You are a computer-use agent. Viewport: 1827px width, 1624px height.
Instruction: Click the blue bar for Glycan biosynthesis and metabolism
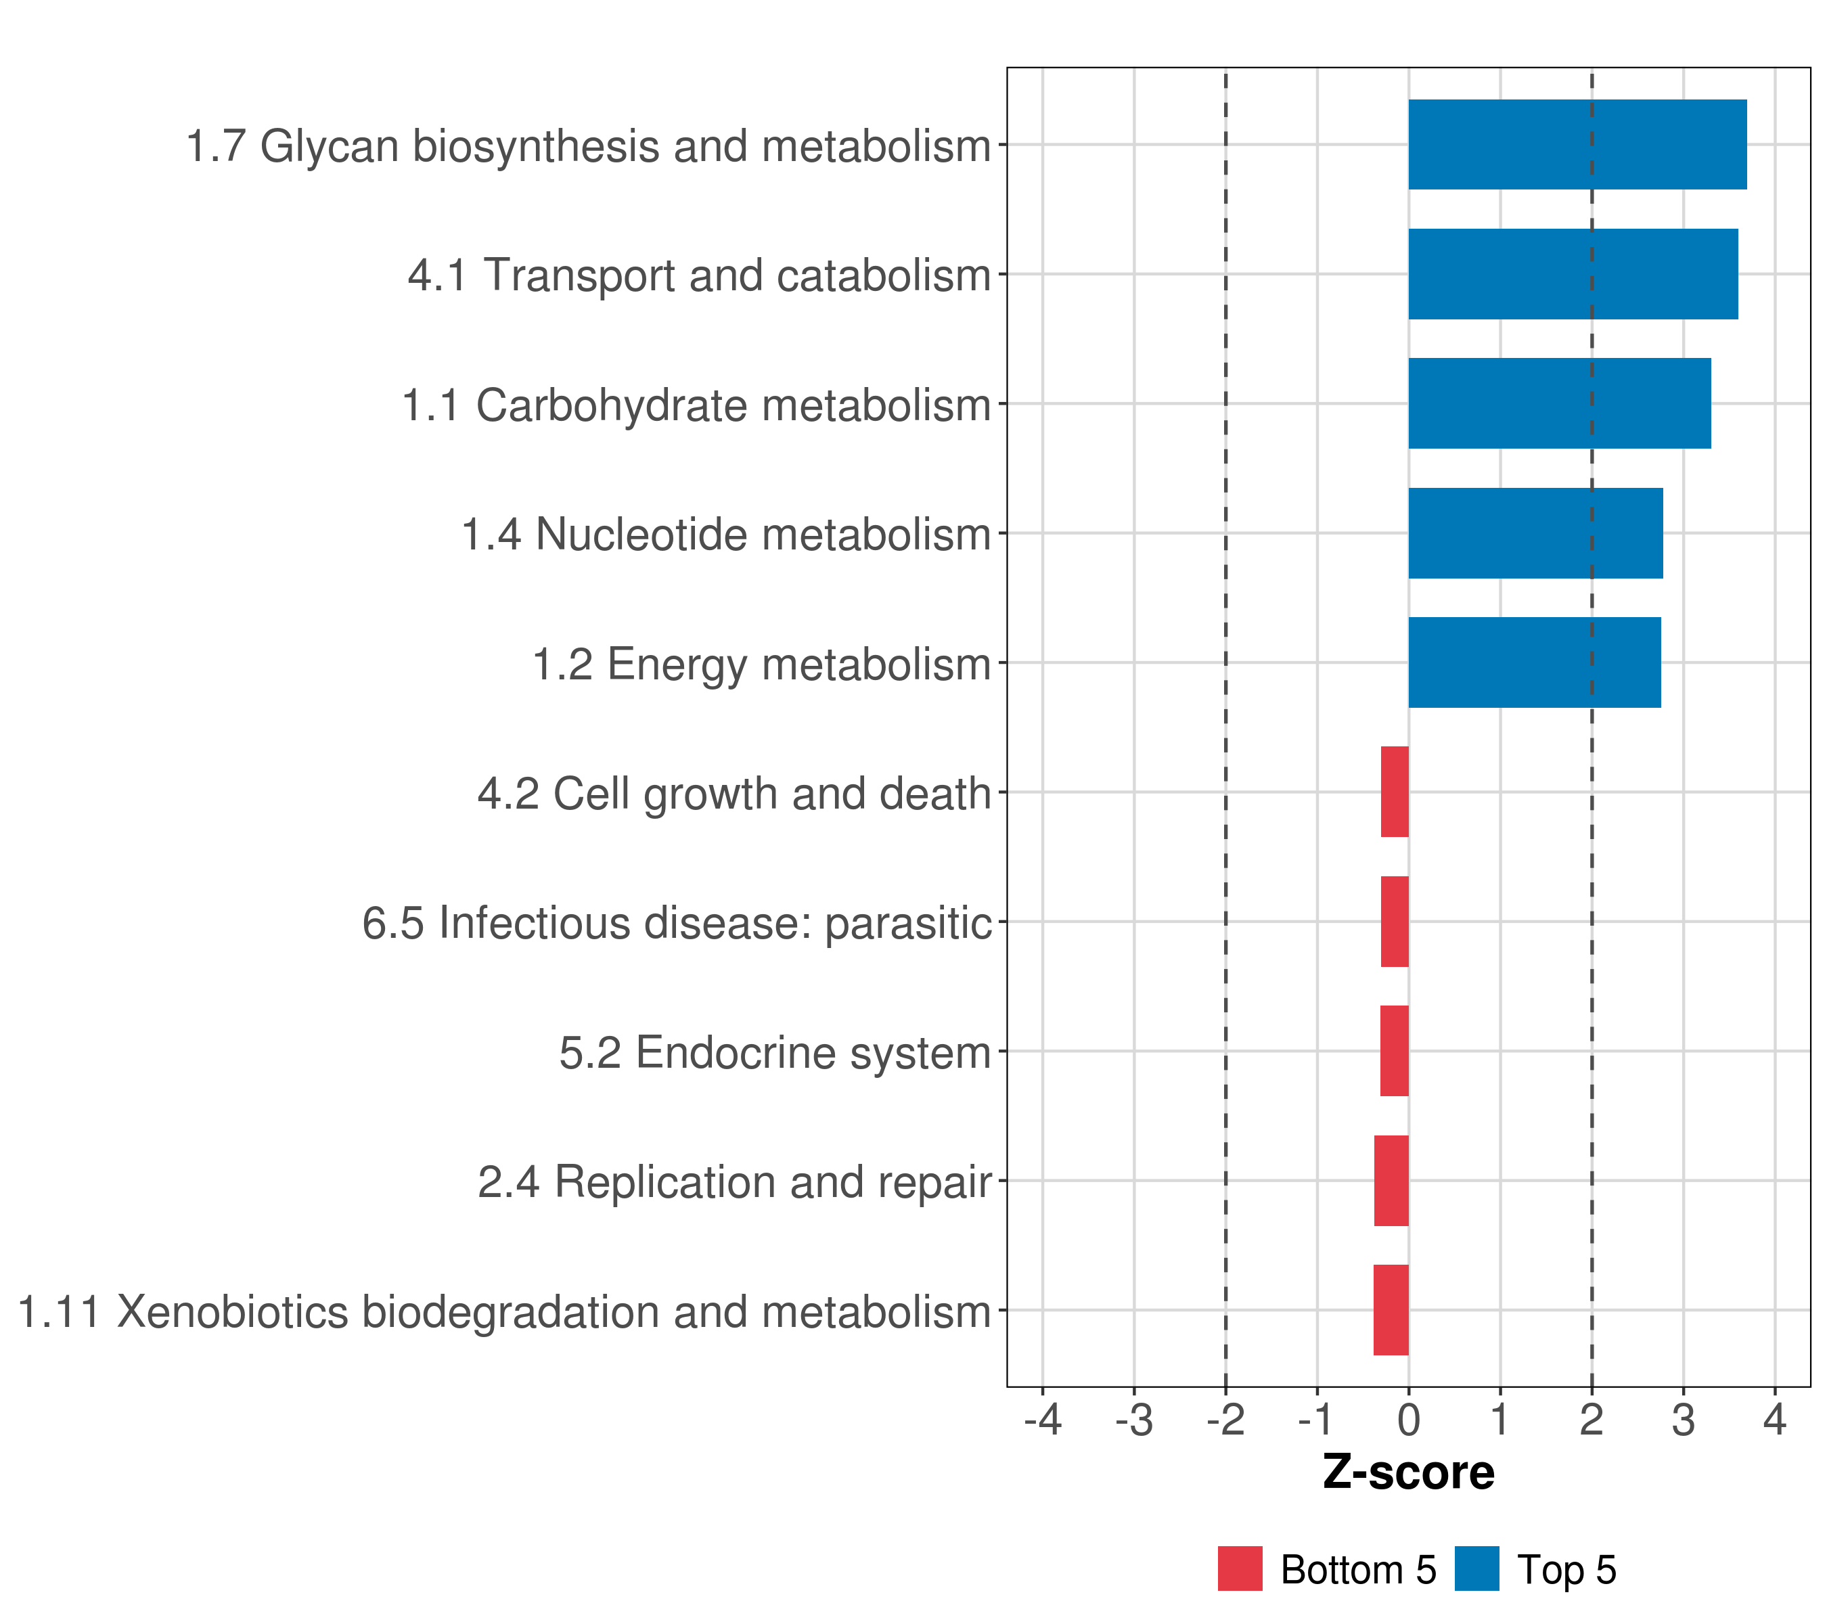pos(1577,145)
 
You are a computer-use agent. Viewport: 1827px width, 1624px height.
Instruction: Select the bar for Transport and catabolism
pos(1573,275)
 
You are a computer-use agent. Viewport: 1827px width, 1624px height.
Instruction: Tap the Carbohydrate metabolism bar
pos(1559,404)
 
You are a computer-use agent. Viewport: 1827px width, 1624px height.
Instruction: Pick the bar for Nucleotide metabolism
pos(1535,534)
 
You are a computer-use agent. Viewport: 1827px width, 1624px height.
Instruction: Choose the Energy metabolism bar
pos(1534,663)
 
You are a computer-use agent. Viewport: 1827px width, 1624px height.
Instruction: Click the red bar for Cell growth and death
pos(1395,792)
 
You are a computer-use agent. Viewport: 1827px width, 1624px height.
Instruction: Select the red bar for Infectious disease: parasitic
pos(1395,922)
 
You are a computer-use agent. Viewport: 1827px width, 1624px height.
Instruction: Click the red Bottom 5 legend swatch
pos(1240,1569)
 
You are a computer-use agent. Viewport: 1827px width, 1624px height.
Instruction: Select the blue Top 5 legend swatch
pos(1476,1569)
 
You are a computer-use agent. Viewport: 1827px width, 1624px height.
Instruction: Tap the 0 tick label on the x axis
pos(1409,1420)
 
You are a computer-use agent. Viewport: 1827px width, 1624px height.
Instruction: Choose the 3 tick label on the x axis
pos(1683,1420)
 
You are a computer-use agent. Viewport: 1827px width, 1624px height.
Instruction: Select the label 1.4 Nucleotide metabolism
pos(726,535)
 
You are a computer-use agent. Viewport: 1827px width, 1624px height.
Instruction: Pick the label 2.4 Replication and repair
pos(735,1181)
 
